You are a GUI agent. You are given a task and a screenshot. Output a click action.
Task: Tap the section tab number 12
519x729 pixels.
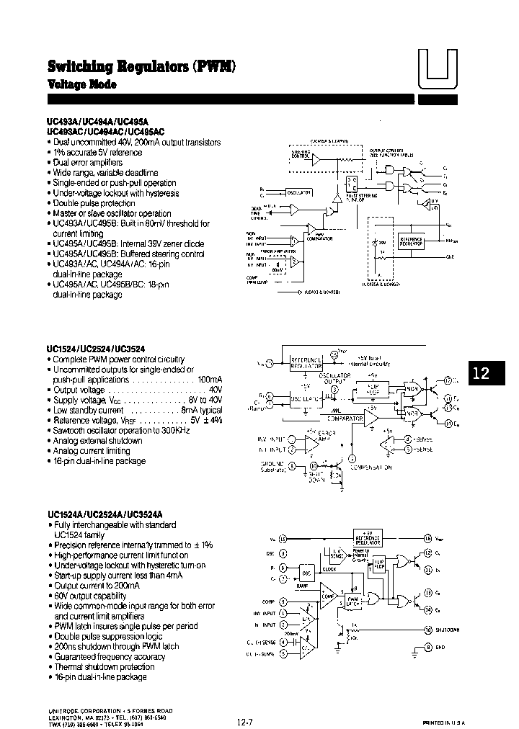482,373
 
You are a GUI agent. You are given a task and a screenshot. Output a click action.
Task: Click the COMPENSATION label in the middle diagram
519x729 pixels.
371,467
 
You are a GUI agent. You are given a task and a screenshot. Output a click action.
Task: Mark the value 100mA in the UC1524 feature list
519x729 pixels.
210,380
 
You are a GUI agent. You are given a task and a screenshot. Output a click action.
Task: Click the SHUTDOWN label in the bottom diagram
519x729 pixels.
448,630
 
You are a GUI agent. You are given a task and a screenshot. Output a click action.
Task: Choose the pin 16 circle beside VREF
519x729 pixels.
427,537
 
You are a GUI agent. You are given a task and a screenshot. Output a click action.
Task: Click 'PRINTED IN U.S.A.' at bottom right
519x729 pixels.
444,721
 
